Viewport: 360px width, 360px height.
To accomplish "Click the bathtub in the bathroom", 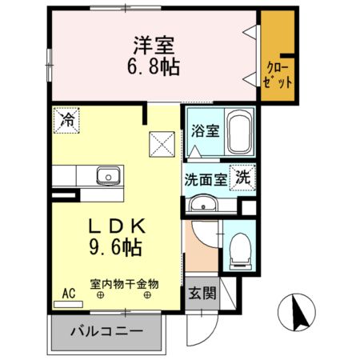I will [238, 134].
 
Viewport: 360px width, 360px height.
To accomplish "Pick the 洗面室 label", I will [206, 179].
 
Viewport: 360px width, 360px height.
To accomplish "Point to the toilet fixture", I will [238, 249].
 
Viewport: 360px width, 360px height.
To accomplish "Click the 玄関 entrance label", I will [203, 294].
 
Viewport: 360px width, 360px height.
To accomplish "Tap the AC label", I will [69, 294].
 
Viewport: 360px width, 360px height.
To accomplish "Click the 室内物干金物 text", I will [124, 283].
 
